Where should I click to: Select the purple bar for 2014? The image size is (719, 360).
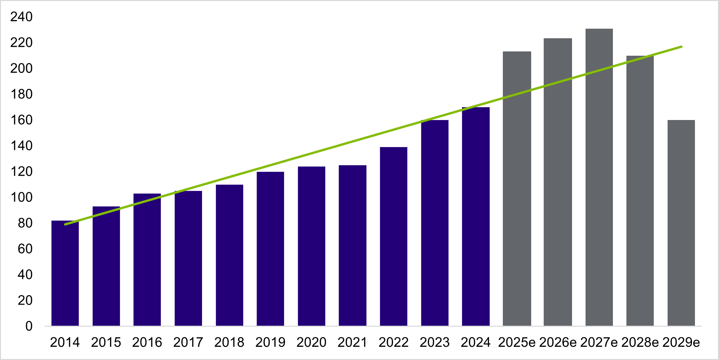tap(65, 274)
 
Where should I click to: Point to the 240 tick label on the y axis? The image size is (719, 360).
tap(21, 17)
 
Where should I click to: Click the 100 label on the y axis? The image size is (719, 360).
tap(21, 197)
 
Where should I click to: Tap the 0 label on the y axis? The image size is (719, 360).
tap(29, 326)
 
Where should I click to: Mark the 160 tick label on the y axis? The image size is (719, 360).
tap(21, 120)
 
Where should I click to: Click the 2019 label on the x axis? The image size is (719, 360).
tap(270, 343)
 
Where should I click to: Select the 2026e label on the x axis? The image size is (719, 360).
tap(558, 343)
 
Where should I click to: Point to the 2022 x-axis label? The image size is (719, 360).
tap(393, 343)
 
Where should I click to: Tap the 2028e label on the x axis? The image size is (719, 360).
tap(640, 343)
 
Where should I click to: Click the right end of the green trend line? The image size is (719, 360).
tap(681, 47)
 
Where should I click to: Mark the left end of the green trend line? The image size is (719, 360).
tap(65, 225)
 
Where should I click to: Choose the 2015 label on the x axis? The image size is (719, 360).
tap(106, 343)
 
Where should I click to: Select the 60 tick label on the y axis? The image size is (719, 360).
tap(25, 249)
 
